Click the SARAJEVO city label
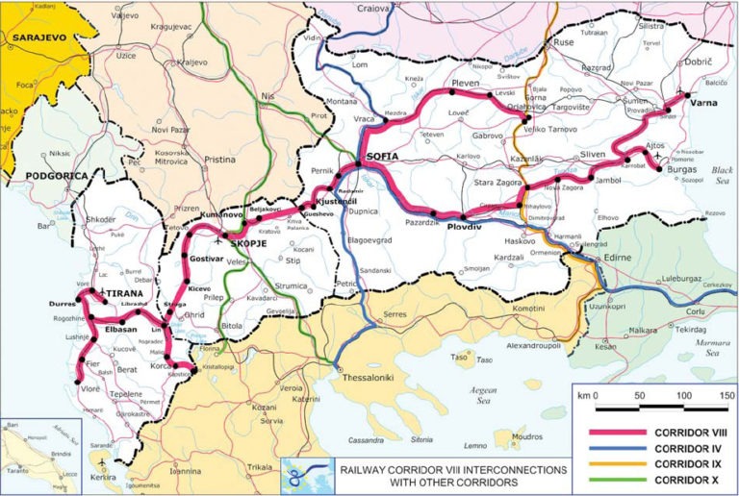[x=37, y=38]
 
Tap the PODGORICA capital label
[x=38, y=176]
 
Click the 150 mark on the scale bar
[x=726, y=395]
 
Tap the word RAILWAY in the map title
[x=364, y=469]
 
